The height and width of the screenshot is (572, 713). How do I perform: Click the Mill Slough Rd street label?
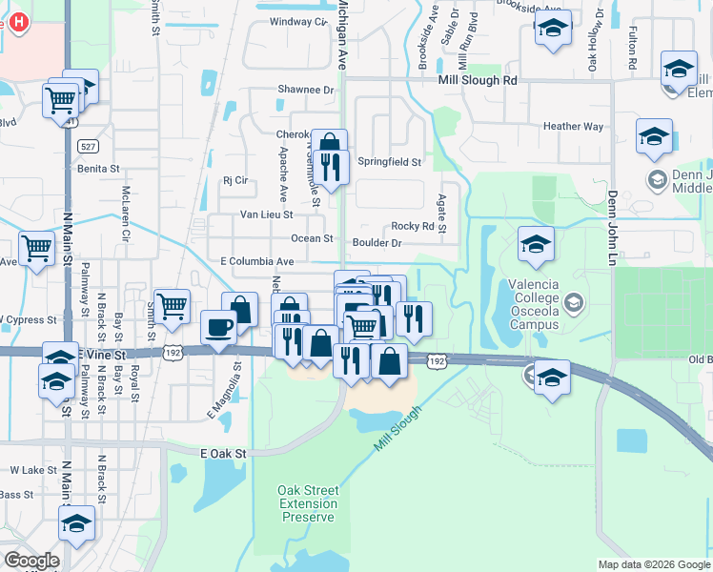coord(477,81)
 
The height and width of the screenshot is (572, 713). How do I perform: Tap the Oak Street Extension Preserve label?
coord(308,503)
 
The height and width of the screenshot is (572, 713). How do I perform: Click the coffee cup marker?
coord(218,328)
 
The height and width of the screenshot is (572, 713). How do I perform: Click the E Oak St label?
coord(223,454)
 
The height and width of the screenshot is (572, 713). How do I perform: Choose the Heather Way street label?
coord(573,126)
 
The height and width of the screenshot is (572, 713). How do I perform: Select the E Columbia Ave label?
coord(257,260)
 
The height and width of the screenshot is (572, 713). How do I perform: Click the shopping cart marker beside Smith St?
coord(172,307)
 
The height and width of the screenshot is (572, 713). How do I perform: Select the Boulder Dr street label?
coord(377,243)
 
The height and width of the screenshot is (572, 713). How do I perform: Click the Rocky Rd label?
coord(419,227)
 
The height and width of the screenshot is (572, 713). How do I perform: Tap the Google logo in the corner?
coord(31,561)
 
